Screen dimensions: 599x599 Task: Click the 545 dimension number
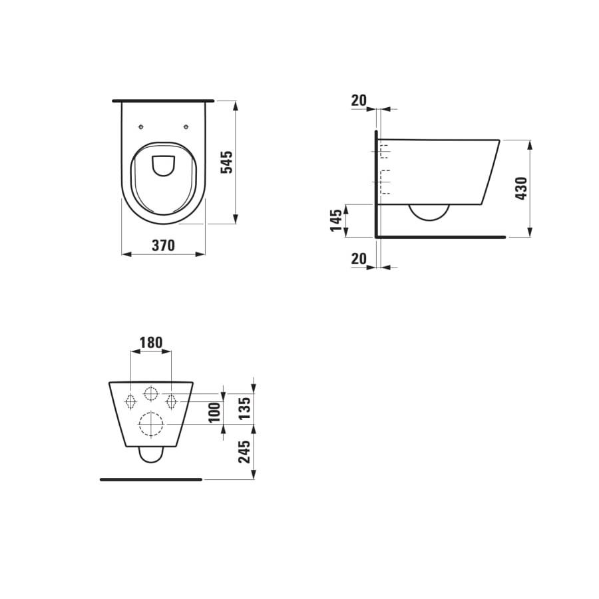click(x=226, y=162)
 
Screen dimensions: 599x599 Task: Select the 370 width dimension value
click(x=163, y=246)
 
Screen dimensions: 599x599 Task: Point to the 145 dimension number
click(x=337, y=220)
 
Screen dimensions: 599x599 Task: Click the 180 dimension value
click(x=151, y=343)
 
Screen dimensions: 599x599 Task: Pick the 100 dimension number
click(x=214, y=411)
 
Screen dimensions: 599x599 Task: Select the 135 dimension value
click(x=244, y=408)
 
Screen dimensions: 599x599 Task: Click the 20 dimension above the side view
click(x=359, y=100)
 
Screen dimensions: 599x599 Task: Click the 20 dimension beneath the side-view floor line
click(x=359, y=259)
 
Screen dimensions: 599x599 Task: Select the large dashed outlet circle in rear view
click(x=151, y=423)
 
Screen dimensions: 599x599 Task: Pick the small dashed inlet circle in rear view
click(x=151, y=394)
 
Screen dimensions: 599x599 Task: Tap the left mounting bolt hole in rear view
click(x=131, y=400)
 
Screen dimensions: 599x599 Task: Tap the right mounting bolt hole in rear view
click(x=171, y=400)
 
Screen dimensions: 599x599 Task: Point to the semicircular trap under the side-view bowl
click(x=429, y=212)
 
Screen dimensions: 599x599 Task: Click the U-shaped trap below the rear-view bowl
click(x=151, y=455)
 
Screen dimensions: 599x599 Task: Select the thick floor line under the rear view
click(x=151, y=479)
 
